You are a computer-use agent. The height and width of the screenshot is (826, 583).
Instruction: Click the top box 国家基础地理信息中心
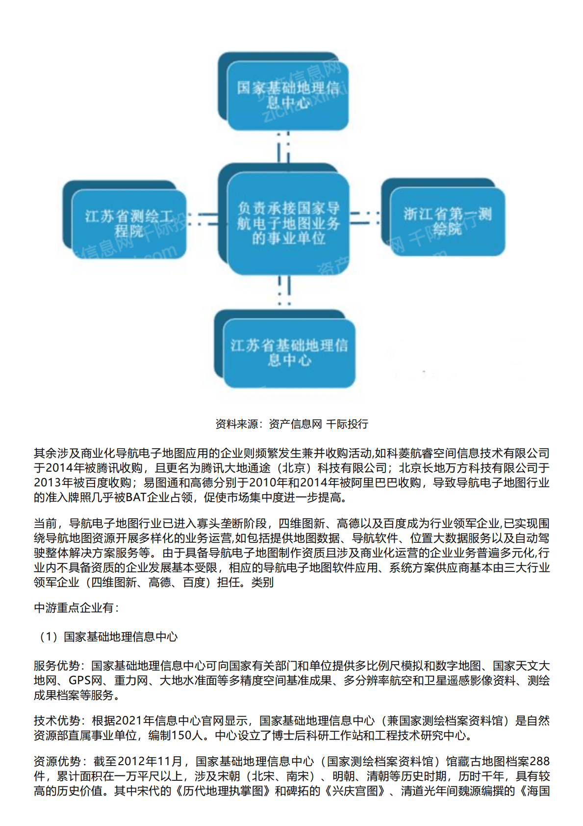coord(287,96)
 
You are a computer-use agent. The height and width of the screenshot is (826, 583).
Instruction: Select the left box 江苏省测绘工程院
coord(129,223)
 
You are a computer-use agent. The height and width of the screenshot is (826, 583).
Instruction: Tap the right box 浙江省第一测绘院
coord(447,221)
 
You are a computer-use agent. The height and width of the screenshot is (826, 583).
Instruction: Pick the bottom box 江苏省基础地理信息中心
coord(289,352)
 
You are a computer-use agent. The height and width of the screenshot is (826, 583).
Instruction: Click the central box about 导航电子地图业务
coord(288,223)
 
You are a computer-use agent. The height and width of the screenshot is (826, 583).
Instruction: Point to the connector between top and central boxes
coord(283,147)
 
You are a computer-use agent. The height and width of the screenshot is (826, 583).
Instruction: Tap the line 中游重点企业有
coord(76,608)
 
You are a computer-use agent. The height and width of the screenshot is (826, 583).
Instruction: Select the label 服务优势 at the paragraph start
coord(57,666)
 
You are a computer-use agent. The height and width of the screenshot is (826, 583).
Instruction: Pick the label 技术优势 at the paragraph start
coord(57,721)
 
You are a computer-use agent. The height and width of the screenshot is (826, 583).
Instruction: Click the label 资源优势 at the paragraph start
coord(57,762)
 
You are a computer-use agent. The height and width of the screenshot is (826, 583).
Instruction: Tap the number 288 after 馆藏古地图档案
coord(539,762)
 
